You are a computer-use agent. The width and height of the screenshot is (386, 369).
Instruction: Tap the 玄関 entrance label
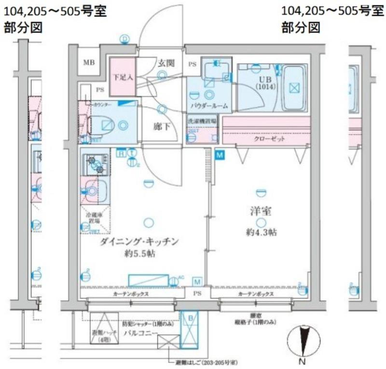(165, 63)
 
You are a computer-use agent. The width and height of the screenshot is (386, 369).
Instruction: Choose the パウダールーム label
(209, 105)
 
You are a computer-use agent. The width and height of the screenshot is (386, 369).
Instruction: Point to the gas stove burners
(95, 164)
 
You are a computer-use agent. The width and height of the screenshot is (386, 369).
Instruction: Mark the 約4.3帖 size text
(261, 232)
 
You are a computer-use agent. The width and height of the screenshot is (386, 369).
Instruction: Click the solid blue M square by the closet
(220, 155)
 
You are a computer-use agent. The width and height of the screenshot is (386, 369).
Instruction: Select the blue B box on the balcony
(190, 318)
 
